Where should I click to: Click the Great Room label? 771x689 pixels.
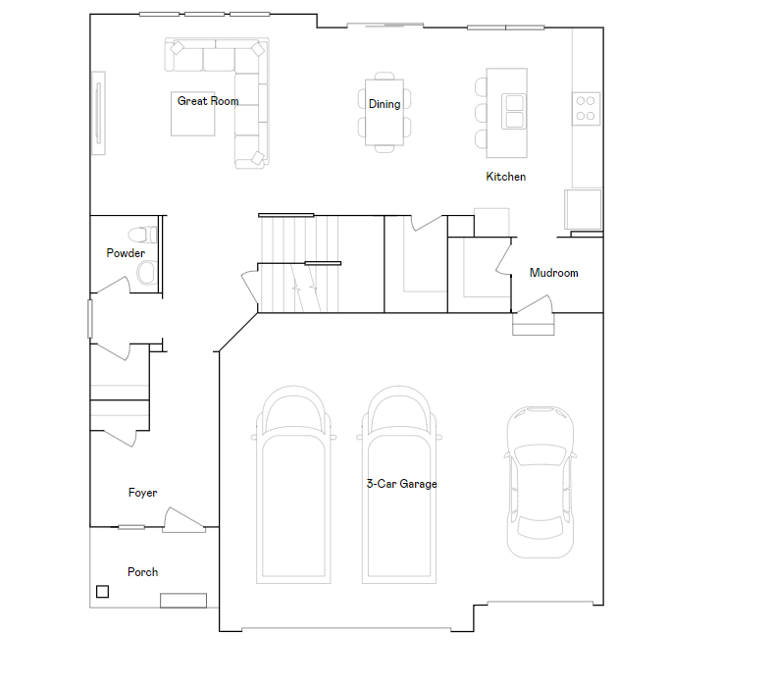[207, 101]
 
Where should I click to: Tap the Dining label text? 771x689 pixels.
[385, 104]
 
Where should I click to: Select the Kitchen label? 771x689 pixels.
[506, 177]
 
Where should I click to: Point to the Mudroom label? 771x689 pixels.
[553, 273]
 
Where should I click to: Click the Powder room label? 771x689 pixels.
[126, 253]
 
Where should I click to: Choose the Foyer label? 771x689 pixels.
[142, 493]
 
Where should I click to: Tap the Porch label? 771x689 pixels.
[142, 572]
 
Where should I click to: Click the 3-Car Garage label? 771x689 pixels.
[401, 484]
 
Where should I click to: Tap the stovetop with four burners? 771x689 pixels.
[587, 107]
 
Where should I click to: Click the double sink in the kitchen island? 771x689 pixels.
[513, 111]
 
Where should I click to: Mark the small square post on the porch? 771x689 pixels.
[102, 591]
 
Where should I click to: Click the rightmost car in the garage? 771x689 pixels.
[540, 481]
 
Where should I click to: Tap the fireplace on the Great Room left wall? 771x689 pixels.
[98, 112]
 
